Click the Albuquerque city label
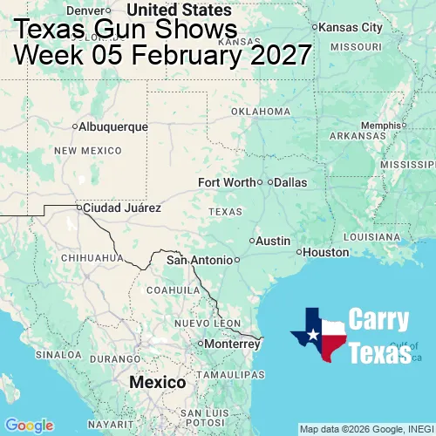pos(112,126)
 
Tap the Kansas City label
pos(351,28)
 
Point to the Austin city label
pos(273,241)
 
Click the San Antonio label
pos(200,260)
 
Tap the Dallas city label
pos(290,182)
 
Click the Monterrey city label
pos(231,344)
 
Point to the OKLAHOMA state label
pos(261,112)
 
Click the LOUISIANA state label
pos(376,236)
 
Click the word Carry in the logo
pos(378,320)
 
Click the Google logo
pos(29,426)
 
